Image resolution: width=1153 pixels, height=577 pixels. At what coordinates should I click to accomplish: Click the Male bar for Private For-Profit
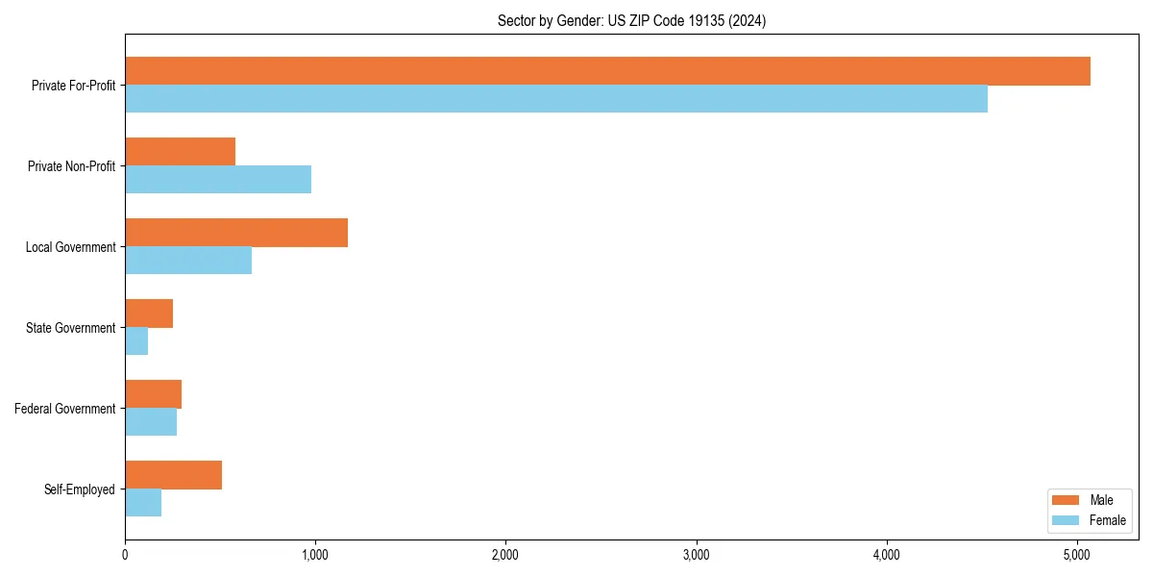[607, 71]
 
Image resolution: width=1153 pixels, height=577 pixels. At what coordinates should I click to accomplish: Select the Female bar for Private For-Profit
[556, 99]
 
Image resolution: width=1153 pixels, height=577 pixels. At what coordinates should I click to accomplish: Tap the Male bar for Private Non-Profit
[180, 152]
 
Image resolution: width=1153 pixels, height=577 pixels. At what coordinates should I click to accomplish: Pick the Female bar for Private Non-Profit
[218, 180]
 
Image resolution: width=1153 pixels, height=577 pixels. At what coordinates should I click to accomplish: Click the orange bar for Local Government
[236, 233]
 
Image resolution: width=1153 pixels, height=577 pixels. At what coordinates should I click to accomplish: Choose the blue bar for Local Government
[188, 261]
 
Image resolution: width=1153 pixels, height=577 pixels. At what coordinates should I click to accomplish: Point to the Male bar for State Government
[149, 314]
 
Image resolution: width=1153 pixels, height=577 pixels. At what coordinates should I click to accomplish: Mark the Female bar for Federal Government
[151, 422]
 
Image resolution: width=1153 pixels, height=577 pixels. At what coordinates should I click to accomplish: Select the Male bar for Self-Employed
[173, 475]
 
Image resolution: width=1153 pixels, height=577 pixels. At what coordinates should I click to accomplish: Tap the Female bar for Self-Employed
[143, 503]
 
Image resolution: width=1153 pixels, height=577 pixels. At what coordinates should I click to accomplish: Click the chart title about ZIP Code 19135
[631, 21]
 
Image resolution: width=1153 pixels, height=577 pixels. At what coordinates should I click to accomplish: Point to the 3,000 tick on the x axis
[696, 554]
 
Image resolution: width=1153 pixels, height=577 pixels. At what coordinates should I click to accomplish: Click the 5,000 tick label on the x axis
[1076, 554]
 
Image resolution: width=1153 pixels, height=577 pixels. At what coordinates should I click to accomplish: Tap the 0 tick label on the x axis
[125, 554]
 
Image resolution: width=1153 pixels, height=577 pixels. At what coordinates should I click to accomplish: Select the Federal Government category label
[65, 409]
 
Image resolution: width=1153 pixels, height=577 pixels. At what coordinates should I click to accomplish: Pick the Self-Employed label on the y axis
[80, 489]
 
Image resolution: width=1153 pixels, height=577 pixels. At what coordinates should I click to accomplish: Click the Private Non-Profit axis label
[71, 166]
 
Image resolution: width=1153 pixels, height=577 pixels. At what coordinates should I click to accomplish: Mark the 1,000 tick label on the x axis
[315, 554]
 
